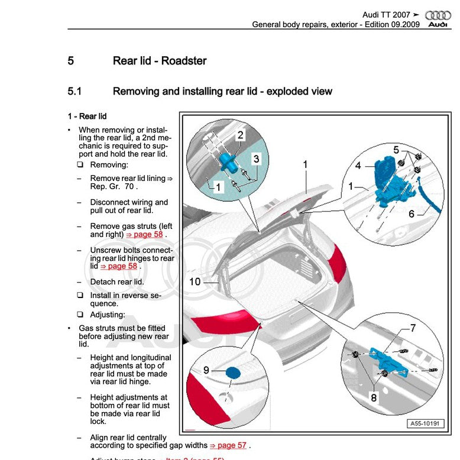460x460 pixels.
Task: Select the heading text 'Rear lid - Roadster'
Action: point(160,60)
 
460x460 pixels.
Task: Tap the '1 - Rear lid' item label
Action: point(87,116)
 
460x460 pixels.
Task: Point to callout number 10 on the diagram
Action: point(195,282)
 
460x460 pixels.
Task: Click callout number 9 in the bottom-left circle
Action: point(206,370)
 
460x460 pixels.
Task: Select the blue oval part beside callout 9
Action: point(233,372)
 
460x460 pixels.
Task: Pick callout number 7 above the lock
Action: point(413,328)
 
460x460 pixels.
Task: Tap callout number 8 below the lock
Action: point(374,398)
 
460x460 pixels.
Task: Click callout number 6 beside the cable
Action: point(412,214)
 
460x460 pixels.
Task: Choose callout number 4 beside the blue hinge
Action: point(358,166)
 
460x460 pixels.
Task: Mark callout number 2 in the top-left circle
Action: point(240,135)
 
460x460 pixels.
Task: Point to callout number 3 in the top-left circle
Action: point(256,158)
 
